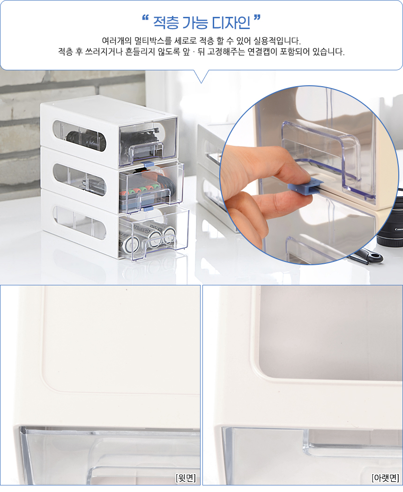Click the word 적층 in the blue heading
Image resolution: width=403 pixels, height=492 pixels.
166,22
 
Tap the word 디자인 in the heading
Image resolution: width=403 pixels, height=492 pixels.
231,22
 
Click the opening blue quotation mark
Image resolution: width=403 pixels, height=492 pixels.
145,18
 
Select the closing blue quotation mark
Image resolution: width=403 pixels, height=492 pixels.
257,18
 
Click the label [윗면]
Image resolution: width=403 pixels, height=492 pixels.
186,478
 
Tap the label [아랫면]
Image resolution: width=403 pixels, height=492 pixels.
385,478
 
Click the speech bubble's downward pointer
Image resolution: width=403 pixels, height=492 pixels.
201,76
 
